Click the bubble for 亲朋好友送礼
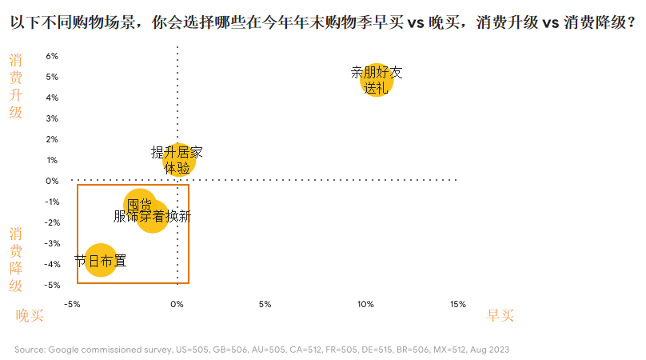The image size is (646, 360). coord(377,80)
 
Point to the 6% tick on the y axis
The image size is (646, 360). coord(52,56)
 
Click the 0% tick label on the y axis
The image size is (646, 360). coord(52,181)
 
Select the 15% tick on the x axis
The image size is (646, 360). coord(457,304)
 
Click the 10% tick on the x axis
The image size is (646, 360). coord(365,304)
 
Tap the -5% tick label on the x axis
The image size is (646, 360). coord(72,304)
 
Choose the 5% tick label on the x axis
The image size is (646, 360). coord(265,304)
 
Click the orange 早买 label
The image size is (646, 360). coord(500,316)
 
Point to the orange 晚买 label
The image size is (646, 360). coord(30,316)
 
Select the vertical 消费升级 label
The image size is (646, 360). coord(16,86)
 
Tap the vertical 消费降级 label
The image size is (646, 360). coord(16,259)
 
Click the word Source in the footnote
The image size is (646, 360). coord(29,350)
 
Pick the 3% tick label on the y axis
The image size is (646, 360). coord(52,118)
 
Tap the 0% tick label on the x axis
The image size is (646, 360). coord(177,304)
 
